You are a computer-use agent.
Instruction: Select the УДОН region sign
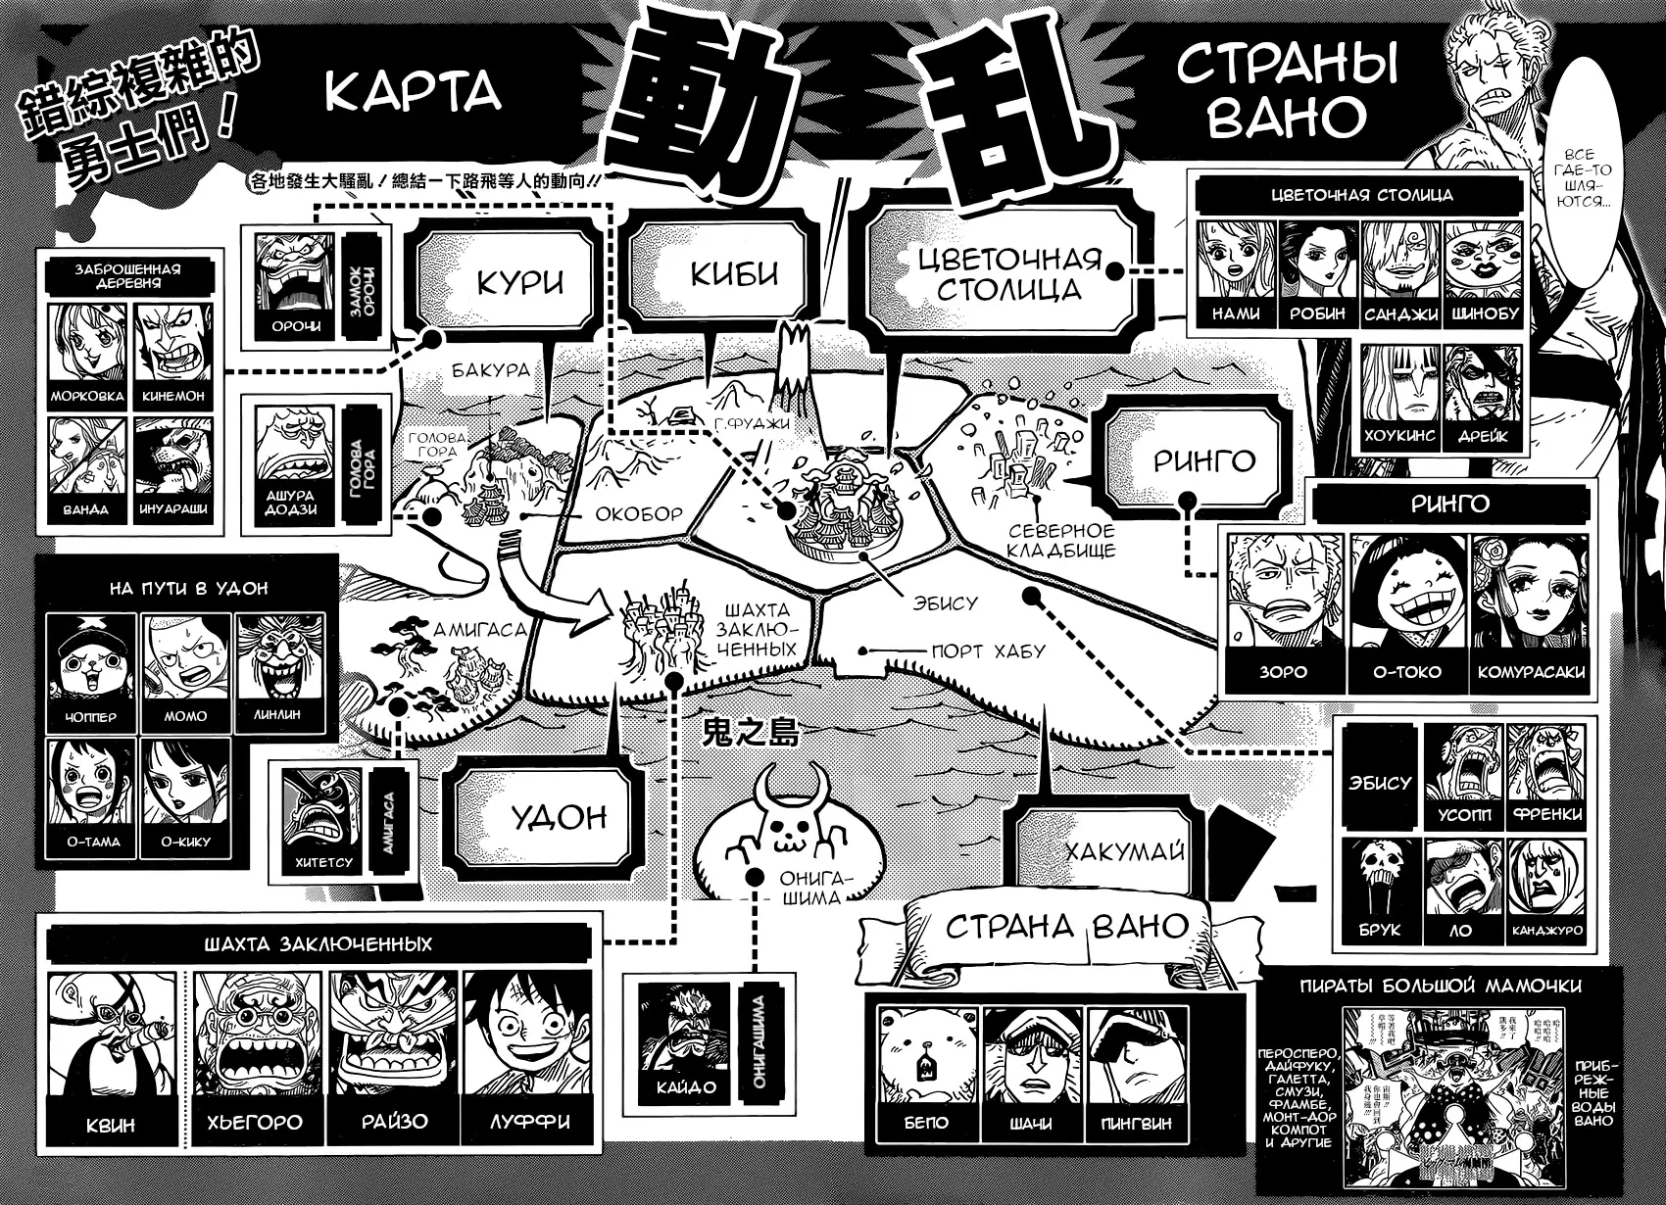pos(559,816)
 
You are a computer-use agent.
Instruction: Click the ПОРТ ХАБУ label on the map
pos(988,651)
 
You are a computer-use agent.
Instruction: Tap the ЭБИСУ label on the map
pos(945,602)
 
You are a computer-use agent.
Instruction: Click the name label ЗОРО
pos(1283,672)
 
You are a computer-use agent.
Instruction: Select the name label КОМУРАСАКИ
pos(1533,672)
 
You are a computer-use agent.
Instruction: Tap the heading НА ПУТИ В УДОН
pos(189,588)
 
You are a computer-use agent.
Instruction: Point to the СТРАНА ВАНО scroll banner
pos(1066,926)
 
